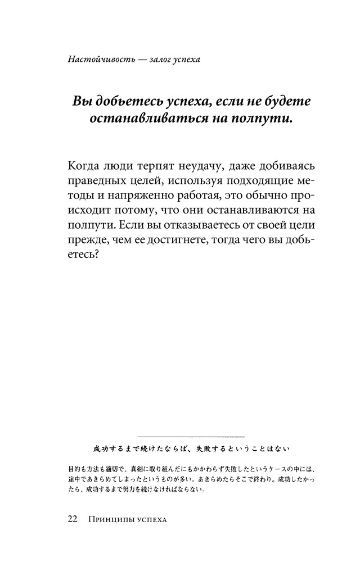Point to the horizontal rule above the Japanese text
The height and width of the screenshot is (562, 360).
(190, 436)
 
